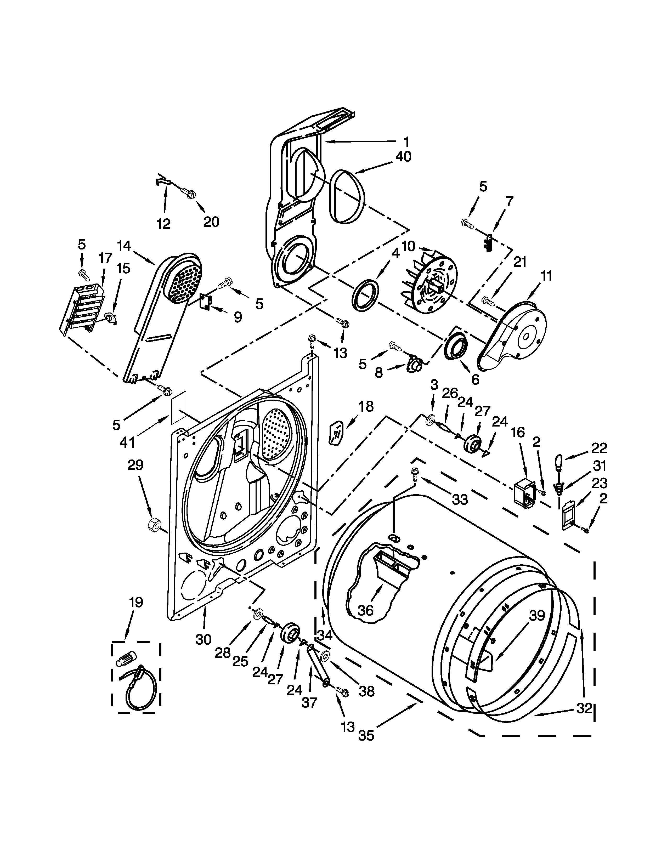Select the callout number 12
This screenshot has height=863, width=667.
click(x=163, y=224)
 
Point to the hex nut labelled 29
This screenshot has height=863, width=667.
click(x=154, y=525)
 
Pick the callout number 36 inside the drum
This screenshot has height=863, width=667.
click(x=365, y=610)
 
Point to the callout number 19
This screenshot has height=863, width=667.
click(x=135, y=602)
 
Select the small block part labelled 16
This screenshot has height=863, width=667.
click(x=524, y=494)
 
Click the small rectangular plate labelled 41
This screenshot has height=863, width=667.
click(x=178, y=408)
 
